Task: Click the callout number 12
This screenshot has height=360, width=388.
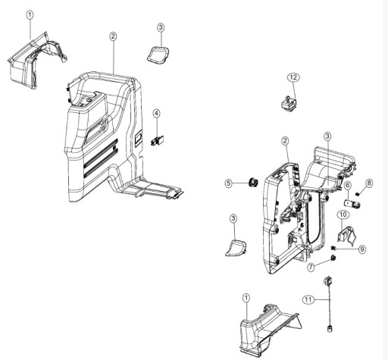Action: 293,77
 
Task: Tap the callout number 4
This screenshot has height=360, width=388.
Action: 156,113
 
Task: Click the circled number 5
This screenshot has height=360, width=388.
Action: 227,183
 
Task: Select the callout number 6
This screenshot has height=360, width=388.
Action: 348,186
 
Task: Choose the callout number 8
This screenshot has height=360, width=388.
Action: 369,183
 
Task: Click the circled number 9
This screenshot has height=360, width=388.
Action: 362,249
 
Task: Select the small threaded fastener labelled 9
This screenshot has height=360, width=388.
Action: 339,249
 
